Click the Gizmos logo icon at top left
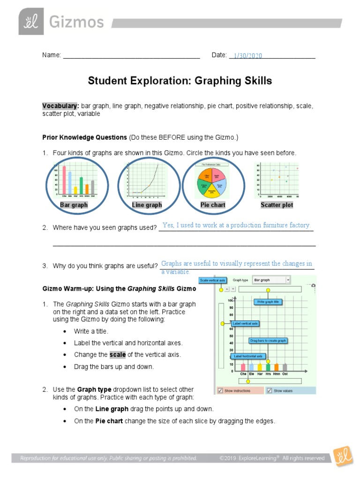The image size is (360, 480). tap(31, 22)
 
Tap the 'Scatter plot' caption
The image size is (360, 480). tap(277, 205)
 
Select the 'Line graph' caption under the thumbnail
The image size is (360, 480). tap(147, 205)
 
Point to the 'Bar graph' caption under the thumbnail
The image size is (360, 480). tap(74, 205)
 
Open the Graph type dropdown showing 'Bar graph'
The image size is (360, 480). tap(271, 280)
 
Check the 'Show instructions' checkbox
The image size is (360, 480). tap(220, 390)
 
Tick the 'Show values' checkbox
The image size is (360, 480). tap(269, 390)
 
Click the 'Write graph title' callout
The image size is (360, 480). tap(268, 302)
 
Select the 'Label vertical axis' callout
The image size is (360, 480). tap(245, 323)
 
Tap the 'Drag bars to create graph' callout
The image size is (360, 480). tap(268, 340)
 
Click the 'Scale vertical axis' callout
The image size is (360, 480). tap(213, 280)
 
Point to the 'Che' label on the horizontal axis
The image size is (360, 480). tap(243, 374)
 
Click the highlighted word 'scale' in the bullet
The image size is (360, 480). tap(117, 355)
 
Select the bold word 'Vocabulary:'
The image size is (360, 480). tap(60, 106)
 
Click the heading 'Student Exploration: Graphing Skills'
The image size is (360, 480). tap(180, 81)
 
